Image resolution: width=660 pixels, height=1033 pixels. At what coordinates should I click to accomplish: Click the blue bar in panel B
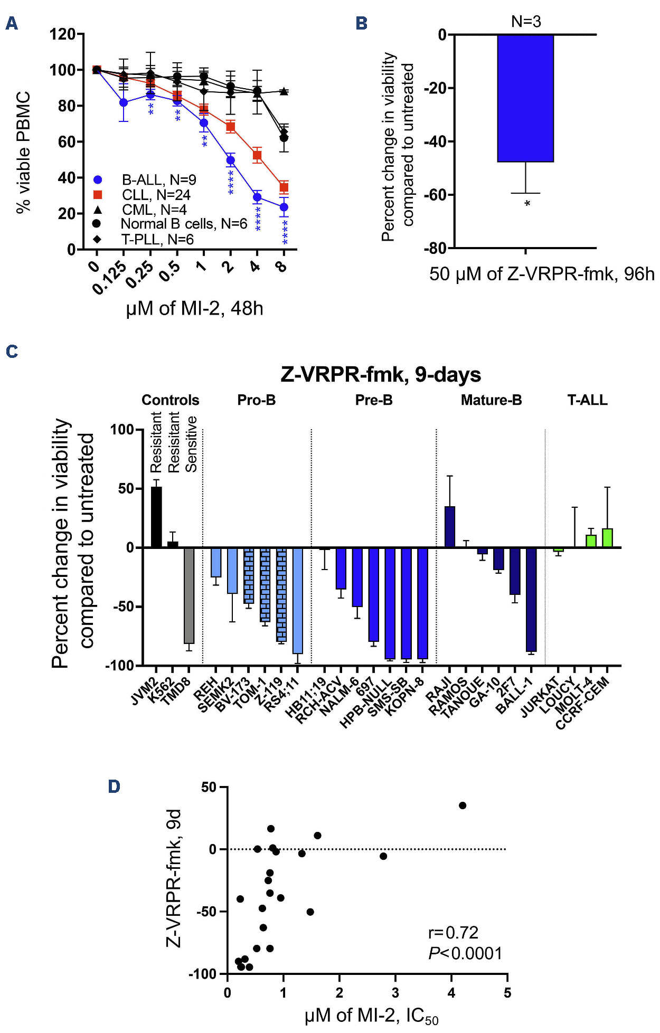click(x=525, y=98)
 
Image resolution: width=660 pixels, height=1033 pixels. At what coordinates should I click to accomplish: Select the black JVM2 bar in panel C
click(x=156, y=517)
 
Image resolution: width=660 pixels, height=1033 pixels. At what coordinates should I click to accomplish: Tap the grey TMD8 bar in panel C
click(x=189, y=595)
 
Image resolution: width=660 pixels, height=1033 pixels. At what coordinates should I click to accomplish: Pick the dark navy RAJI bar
click(x=450, y=527)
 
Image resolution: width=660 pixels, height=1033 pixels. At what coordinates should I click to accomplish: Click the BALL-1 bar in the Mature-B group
click(x=531, y=600)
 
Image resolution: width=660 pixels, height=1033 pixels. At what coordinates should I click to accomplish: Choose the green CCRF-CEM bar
click(x=607, y=538)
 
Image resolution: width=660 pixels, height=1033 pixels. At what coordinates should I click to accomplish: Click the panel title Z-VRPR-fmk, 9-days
click(x=381, y=374)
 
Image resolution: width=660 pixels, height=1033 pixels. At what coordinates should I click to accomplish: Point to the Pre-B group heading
click(x=374, y=400)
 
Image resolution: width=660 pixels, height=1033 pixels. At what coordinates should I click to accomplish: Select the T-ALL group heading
click(x=587, y=400)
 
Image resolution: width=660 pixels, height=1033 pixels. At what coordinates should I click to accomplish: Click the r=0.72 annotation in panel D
click(x=453, y=933)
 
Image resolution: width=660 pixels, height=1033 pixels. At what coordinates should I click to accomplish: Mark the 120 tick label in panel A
click(x=62, y=35)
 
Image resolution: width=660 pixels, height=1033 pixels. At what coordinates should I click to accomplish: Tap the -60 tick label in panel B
click(x=435, y=195)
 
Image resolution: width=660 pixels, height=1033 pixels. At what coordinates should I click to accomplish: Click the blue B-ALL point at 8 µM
click(x=284, y=207)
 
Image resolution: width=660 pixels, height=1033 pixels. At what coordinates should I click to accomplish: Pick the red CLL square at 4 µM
click(x=257, y=155)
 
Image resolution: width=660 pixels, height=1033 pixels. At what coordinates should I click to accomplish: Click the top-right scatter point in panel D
click(x=463, y=805)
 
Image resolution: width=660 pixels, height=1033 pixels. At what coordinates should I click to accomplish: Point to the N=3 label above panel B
click(x=526, y=22)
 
